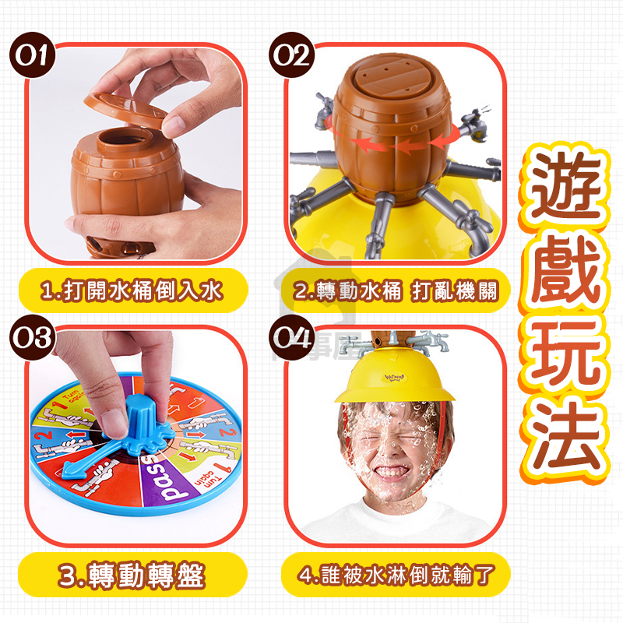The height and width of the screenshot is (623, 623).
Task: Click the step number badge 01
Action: (33, 56)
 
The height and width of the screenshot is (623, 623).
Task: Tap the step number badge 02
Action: (291, 56)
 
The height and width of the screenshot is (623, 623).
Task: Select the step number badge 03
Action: (33, 338)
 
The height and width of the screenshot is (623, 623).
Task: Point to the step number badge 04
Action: (291, 338)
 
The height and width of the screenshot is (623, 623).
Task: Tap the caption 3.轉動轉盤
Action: (132, 575)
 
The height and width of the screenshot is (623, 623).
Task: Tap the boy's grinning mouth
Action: (390, 472)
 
